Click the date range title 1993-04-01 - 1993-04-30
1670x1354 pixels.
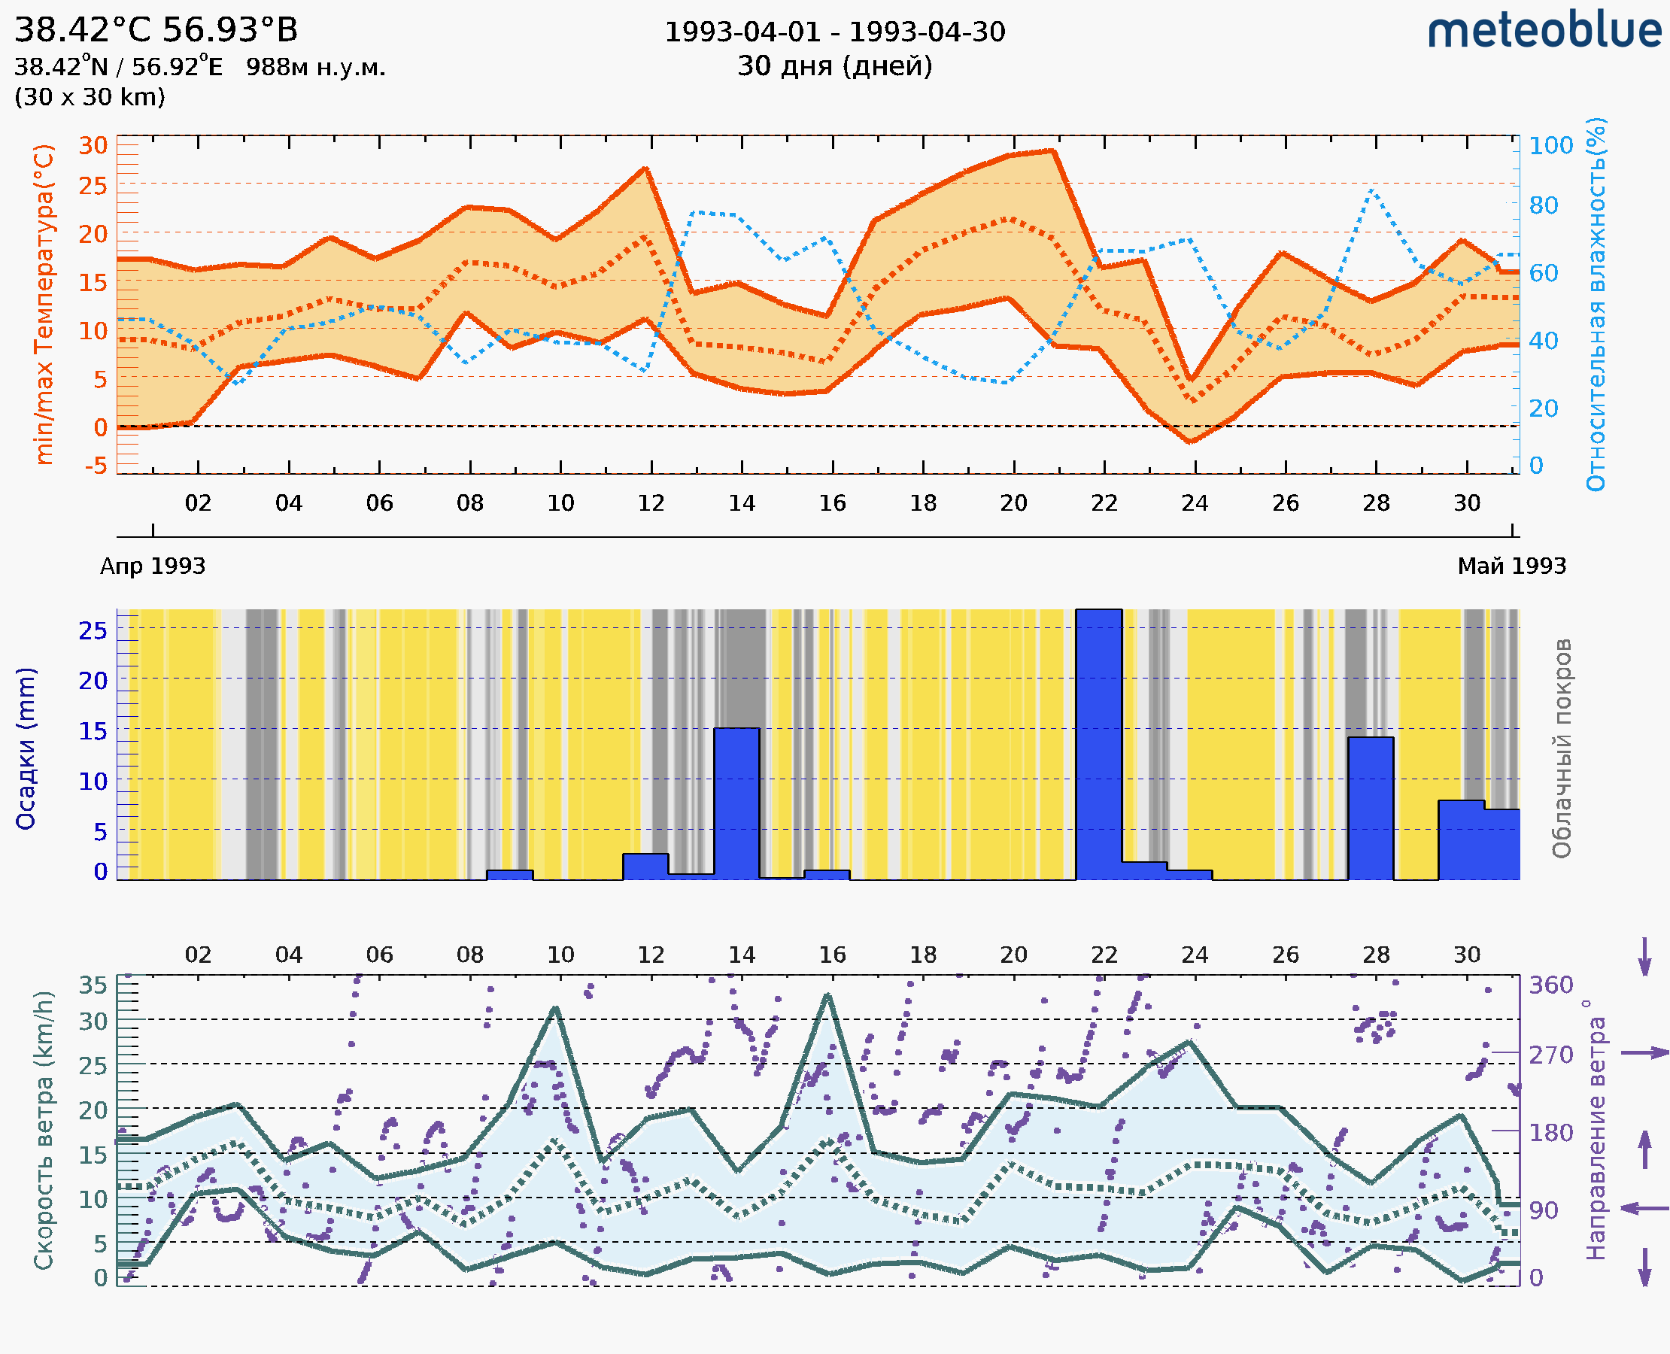[834, 33]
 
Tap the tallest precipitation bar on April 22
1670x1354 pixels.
[1098, 745]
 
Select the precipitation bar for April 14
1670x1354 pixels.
[736, 803]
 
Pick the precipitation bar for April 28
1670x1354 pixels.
[1371, 808]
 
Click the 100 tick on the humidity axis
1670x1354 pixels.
[1550, 146]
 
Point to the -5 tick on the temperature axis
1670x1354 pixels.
[96, 466]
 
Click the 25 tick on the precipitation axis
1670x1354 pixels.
[93, 630]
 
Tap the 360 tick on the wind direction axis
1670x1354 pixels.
[1550, 985]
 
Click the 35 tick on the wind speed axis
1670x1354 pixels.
[93, 985]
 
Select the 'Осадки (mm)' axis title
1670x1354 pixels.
[26, 748]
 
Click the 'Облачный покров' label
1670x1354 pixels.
[1561, 748]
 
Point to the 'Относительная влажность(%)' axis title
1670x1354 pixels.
[1596, 304]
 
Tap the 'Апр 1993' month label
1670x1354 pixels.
[153, 566]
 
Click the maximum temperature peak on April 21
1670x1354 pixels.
[1053, 150]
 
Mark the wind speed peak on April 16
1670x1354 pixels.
[827, 995]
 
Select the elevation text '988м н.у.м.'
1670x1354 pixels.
[316, 67]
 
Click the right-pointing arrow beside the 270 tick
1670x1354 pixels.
[1644, 1053]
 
